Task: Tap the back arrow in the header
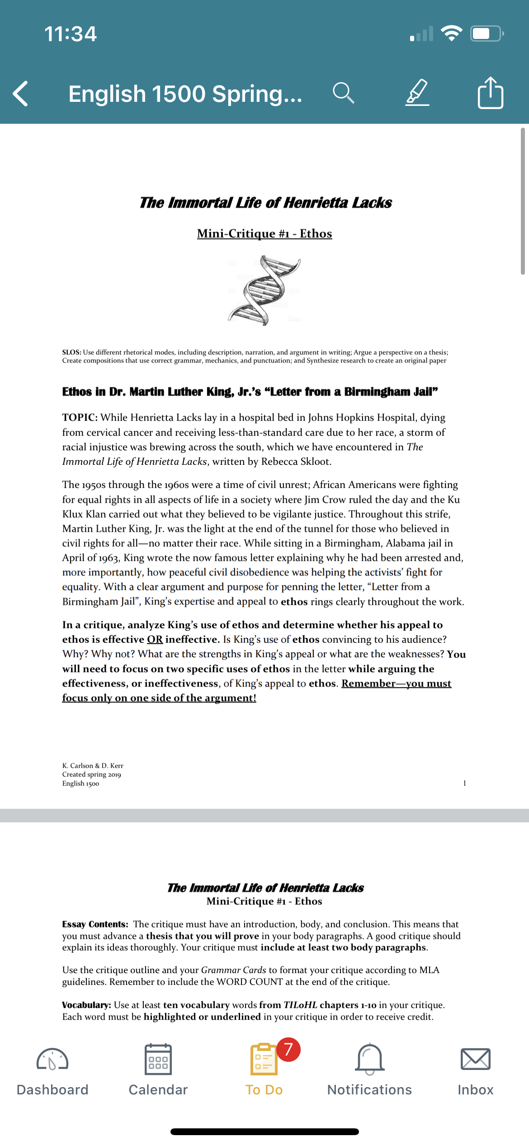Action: (21, 94)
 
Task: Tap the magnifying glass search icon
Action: (343, 93)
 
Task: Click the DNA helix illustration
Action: (264, 290)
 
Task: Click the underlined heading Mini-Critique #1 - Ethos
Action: (264, 234)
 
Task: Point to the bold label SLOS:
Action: (71, 352)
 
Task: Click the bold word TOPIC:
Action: (80, 417)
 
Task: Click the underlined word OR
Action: (155, 640)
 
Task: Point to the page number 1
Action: (464, 783)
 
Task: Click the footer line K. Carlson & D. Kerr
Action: (93, 766)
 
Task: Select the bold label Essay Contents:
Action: (95, 924)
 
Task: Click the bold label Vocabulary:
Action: (86, 1005)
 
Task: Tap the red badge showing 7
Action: (288, 1049)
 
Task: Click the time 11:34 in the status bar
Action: (71, 34)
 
